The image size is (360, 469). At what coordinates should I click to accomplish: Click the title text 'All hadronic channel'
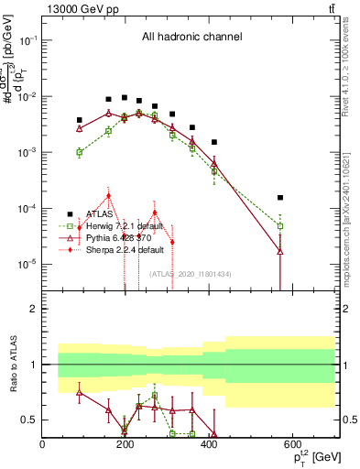pyautogui.click(x=191, y=38)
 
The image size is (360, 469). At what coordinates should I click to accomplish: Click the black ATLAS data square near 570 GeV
pyautogui.click(x=280, y=198)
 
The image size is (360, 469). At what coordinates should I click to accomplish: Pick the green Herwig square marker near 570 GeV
pyautogui.click(x=280, y=225)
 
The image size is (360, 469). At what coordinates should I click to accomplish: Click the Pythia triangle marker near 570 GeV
pyautogui.click(x=280, y=250)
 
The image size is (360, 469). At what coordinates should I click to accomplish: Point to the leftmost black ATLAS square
pyautogui.click(x=80, y=120)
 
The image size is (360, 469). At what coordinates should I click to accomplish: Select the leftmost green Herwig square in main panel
pyautogui.click(x=80, y=153)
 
